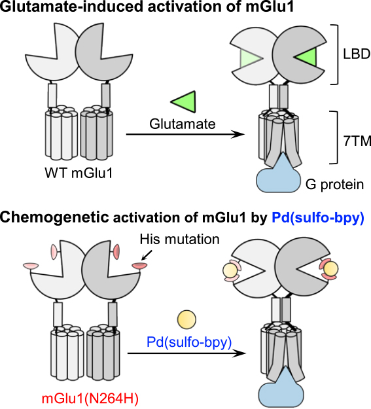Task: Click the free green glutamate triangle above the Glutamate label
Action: [185, 101]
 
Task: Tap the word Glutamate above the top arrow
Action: [183, 124]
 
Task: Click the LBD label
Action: [357, 54]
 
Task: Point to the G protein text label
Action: [334, 185]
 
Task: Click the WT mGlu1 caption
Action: [79, 173]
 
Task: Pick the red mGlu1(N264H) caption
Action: [90, 399]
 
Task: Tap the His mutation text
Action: [179, 240]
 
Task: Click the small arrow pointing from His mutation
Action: [147, 255]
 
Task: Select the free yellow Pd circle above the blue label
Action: [186, 319]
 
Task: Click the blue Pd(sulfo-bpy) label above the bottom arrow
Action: [189, 342]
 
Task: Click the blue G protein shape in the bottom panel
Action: [281, 389]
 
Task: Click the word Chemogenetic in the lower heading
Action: [54, 217]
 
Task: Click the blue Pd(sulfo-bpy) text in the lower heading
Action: [318, 218]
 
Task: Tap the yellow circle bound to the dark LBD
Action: [330, 268]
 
